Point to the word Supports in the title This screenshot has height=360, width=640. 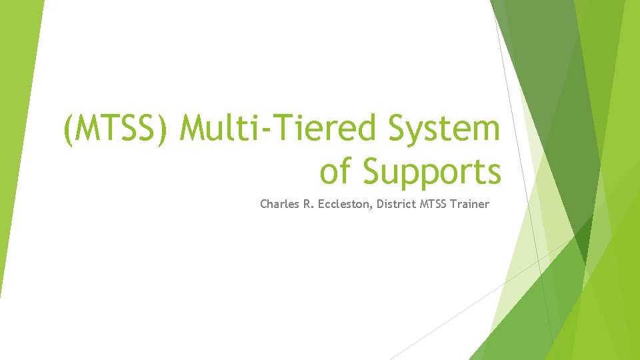432,172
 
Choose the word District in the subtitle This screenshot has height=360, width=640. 397,204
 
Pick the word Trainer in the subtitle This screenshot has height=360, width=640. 469,204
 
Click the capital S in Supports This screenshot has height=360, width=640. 373,171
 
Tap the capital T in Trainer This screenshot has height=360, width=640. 453,204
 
